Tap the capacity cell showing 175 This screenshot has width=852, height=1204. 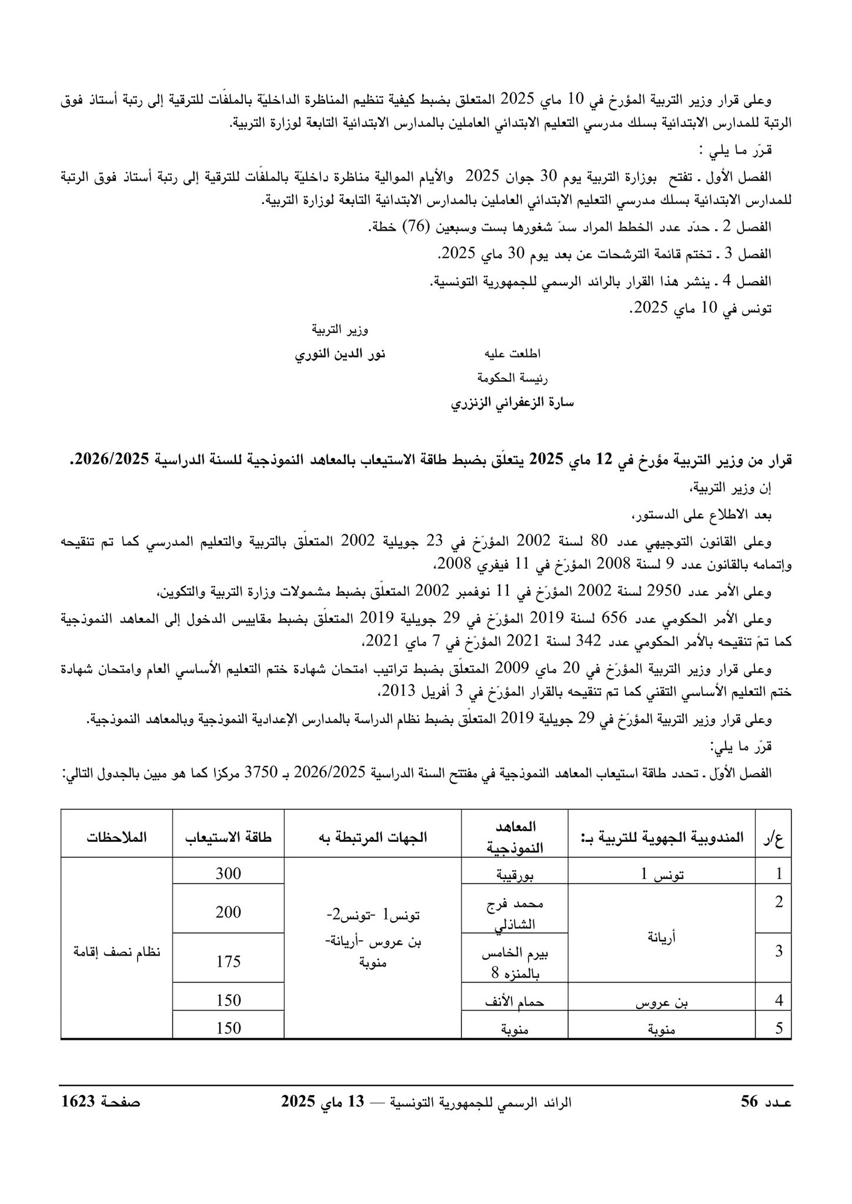click(x=228, y=962)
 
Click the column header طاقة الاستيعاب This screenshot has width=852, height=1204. click(x=228, y=838)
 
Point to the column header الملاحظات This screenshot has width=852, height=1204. click(x=116, y=838)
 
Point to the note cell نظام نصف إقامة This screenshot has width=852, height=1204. click(x=116, y=953)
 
